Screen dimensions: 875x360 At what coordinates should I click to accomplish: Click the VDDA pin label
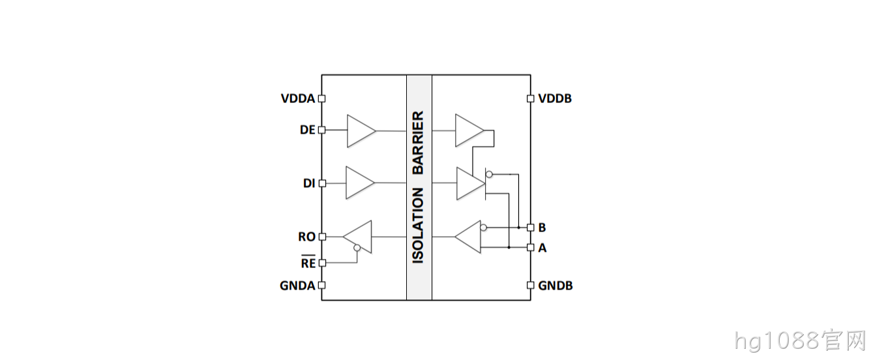click(x=298, y=98)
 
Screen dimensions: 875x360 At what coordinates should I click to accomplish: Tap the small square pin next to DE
click(x=322, y=130)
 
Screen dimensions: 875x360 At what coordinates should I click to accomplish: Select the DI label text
click(x=309, y=183)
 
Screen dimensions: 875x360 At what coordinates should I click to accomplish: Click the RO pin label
click(x=306, y=237)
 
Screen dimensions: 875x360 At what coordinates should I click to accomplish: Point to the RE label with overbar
click(x=308, y=262)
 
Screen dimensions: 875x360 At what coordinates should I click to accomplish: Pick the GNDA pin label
click(x=297, y=286)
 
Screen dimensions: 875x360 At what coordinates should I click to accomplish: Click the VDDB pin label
click(x=555, y=98)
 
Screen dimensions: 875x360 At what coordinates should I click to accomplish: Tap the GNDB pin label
click(x=555, y=286)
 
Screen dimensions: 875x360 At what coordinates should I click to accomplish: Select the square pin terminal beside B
click(x=531, y=228)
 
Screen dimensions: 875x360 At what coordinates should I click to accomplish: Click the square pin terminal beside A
click(x=531, y=247)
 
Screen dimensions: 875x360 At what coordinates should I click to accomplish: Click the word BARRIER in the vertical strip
click(x=419, y=143)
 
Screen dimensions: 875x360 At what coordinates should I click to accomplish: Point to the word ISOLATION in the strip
click(x=419, y=226)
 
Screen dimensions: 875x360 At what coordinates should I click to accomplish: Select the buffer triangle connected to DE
click(x=361, y=131)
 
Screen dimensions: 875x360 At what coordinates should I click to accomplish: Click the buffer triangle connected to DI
click(x=360, y=183)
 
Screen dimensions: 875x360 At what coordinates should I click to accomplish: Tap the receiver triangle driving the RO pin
click(x=357, y=237)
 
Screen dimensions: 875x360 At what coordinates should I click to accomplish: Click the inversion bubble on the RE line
click(x=357, y=248)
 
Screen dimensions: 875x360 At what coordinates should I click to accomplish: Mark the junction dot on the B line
click(x=519, y=228)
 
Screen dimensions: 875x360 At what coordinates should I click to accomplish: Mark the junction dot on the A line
click(x=509, y=247)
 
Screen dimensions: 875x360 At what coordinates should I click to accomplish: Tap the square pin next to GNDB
click(x=531, y=286)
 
